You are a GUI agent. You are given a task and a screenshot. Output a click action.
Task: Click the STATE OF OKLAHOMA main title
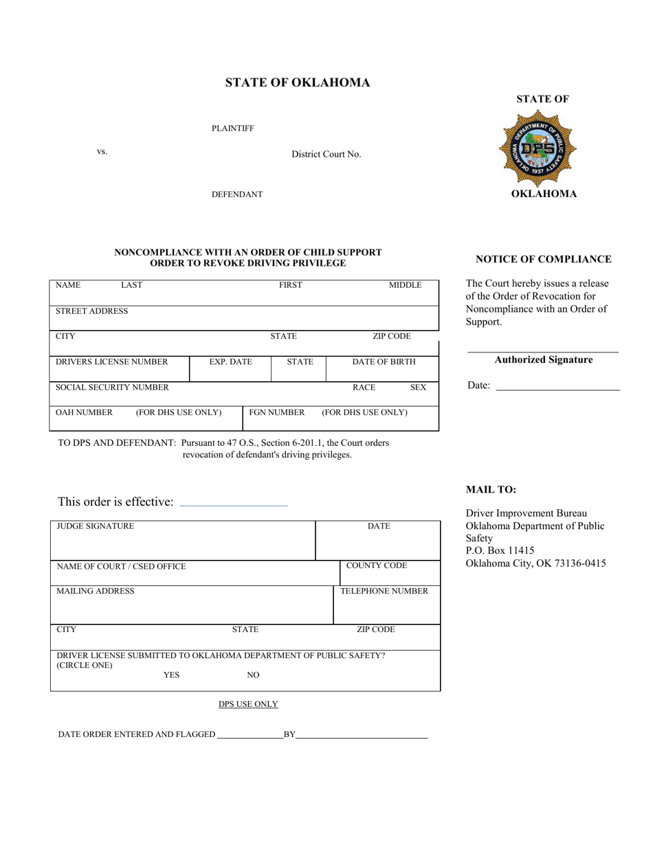click(298, 83)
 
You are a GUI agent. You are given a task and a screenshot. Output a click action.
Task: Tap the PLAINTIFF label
click(232, 128)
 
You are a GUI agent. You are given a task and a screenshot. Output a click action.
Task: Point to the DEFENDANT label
click(236, 194)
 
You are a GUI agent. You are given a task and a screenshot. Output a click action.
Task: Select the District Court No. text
click(326, 155)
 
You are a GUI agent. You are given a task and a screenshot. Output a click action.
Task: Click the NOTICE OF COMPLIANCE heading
click(543, 259)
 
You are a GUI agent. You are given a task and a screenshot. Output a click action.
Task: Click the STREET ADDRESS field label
click(91, 311)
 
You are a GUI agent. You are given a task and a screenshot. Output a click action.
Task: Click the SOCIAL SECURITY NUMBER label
click(112, 387)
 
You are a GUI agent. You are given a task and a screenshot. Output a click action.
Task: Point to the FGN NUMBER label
click(276, 413)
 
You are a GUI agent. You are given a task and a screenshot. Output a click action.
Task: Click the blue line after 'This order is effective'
click(233, 506)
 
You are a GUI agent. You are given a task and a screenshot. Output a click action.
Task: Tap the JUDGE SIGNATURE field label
click(95, 526)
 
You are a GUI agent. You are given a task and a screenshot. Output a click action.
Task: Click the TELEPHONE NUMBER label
click(384, 591)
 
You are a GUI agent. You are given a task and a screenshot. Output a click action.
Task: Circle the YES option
click(171, 675)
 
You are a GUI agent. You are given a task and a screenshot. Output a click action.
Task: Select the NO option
click(253, 675)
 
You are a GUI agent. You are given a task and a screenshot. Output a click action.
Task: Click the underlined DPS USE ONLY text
click(248, 704)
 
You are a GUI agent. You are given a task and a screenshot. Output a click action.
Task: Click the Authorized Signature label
click(543, 360)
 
